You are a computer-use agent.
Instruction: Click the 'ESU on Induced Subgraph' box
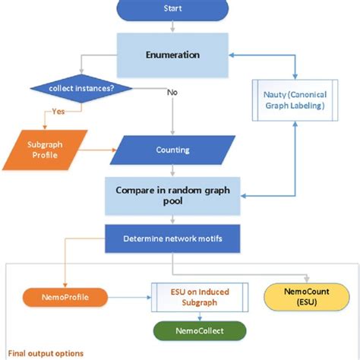[200, 297]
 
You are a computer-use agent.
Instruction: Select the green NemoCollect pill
[201, 331]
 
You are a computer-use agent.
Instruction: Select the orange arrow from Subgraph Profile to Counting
[97, 150]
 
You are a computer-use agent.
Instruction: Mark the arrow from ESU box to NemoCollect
[201, 317]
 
